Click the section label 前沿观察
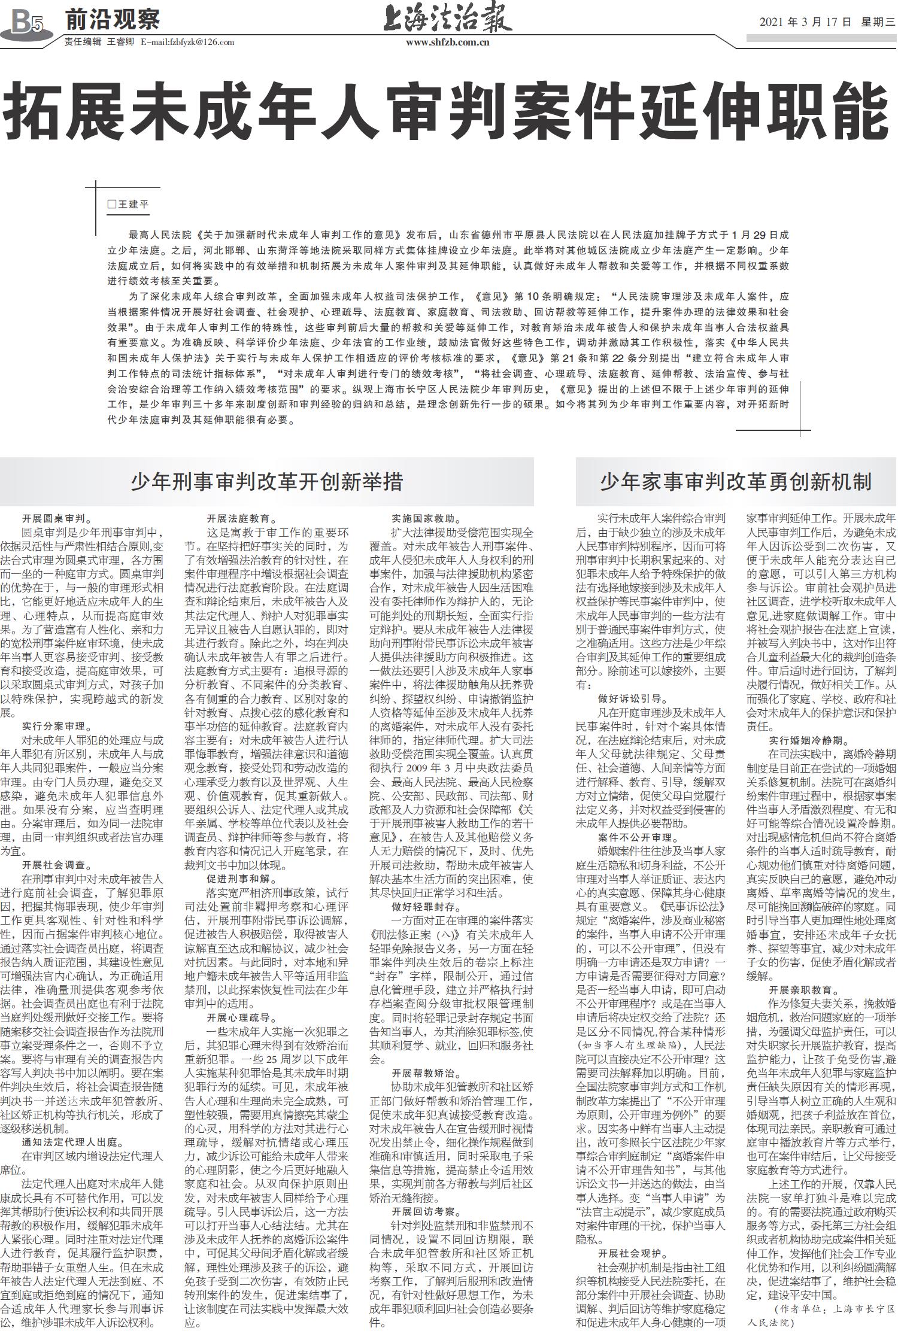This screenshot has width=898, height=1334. (x=113, y=20)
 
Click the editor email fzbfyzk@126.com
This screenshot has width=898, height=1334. (x=187, y=42)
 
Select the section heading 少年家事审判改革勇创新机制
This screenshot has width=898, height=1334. (x=736, y=482)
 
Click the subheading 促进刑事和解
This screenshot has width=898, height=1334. (x=242, y=879)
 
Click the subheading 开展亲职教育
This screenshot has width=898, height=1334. (x=799, y=989)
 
